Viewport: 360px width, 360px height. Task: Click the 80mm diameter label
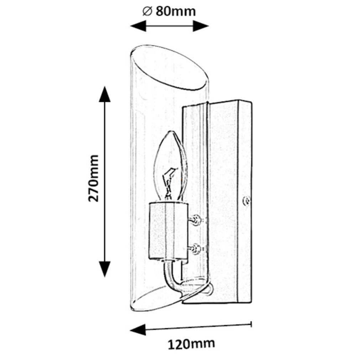(176, 11)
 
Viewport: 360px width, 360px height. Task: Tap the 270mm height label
(93, 178)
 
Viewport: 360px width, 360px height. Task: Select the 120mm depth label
(191, 344)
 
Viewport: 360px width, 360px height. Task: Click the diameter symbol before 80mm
(148, 11)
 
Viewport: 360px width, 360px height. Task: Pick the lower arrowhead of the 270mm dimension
(105, 269)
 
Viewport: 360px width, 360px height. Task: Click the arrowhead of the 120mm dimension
(138, 330)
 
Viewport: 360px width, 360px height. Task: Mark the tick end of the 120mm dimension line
(251, 324)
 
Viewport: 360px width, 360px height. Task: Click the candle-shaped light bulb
(170, 166)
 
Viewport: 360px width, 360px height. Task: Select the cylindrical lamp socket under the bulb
(168, 231)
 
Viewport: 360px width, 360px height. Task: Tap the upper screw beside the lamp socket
(196, 220)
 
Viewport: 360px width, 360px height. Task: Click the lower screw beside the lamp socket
(196, 249)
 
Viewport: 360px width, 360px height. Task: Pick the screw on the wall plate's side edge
(247, 201)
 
